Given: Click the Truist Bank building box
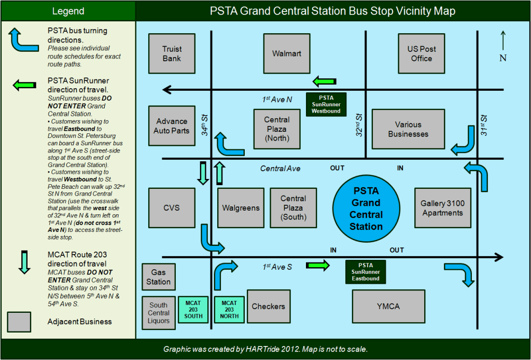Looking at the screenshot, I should click(x=172, y=53).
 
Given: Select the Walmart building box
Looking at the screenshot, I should click(x=287, y=53).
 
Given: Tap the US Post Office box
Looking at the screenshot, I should click(x=422, y=53).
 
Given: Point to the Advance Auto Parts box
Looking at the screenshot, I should click(x=172, y=126).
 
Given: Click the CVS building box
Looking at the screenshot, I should click(x=172, y=207).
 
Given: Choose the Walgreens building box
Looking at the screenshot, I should click(x=241, y=207).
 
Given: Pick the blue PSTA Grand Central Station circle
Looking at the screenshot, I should click(x=366, y=208).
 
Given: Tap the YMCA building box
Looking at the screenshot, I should click(x=388, y=306).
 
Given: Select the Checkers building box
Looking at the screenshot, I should click(x=268, y=306).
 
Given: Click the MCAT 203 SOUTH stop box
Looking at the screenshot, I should click(x=193, y=309).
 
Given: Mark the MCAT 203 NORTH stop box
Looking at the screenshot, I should click(x=229, y=309).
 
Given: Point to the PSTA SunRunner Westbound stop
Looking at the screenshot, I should click(x=326, y=104).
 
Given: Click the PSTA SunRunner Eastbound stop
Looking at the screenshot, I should click(x=366, y=272).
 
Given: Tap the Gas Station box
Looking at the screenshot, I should click(x=158, y=277).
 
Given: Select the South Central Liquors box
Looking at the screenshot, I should click(x=159, y=313).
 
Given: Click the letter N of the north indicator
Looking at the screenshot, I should click(x=502, y=58).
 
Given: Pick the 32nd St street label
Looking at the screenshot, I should click(x=359, y=125).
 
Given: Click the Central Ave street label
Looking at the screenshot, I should click(x=280, y=169).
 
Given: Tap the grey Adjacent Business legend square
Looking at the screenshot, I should click(x=19, y=322).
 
